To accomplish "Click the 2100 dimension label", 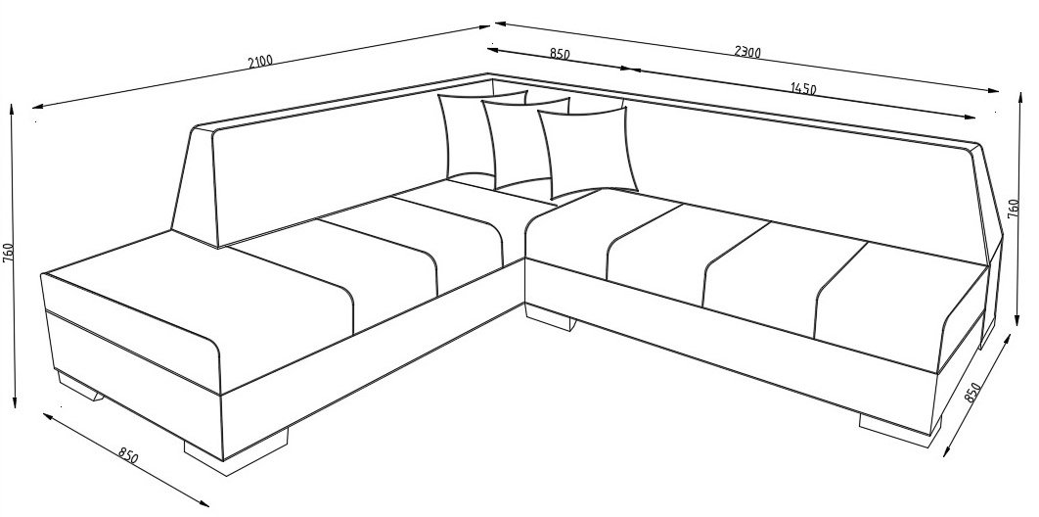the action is coord(260,62).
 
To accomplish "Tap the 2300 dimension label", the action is coord(747,52).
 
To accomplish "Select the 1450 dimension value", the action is coord(803,89).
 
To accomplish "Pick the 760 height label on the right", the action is coord(1014,208).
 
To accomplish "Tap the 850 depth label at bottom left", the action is coord(128,456).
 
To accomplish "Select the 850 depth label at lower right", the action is coord(971,393).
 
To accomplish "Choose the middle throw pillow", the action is coord(523,143).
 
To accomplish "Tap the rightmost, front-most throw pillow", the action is coord(586,153).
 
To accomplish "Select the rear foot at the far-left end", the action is coord(79,387).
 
